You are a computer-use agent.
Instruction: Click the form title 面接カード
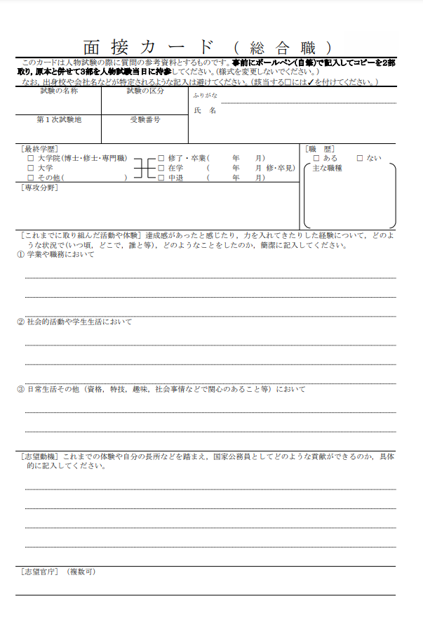pos(149,48)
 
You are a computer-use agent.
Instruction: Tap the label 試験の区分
pos(145,91)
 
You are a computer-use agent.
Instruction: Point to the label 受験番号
pos(145,119)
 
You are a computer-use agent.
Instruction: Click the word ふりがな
pos(205,95)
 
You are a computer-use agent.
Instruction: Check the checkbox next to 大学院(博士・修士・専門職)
pos(30,159)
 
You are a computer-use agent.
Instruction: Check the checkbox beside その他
pos(30,178)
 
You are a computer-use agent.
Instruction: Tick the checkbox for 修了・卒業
pos(161,159)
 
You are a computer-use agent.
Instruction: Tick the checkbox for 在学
pos(161,169)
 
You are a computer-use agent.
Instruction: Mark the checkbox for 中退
pos(161,178)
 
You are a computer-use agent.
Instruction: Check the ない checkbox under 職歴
pos(360,159)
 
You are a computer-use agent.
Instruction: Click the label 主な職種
pos(327,169)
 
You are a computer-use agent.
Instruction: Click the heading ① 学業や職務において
pos(55,254)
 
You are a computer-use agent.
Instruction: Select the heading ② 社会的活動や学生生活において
pos(74,322)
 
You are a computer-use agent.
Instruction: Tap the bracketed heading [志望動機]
pos(41,456)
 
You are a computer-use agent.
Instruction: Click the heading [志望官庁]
pos(41,572)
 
